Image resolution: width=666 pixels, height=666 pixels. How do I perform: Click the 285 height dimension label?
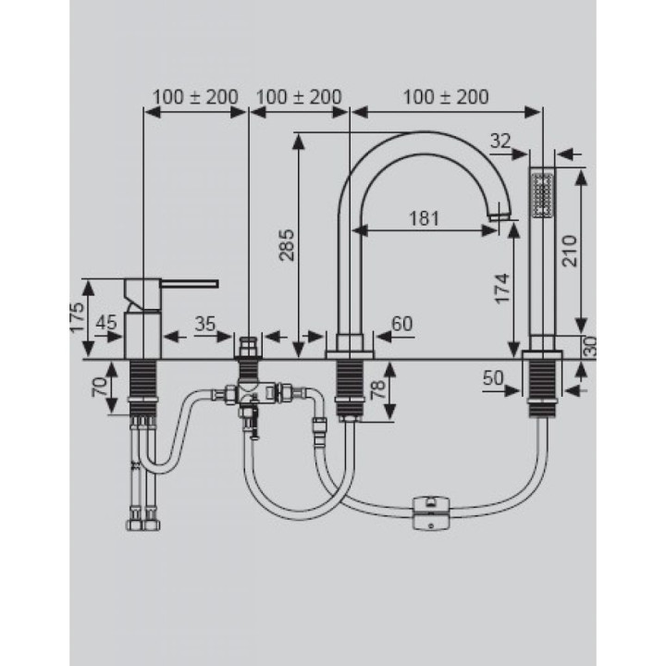[287, 245]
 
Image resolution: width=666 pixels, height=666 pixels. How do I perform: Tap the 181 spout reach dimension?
[424, 218]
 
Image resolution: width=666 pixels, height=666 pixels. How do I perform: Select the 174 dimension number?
[502, 289]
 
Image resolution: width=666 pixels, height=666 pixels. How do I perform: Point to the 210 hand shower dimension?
[570, 251]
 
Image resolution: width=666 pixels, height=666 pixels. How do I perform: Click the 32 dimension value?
[500, 141]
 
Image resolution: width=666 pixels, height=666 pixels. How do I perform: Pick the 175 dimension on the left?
[77, 317]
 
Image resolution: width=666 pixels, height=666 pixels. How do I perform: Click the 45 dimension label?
[105, 323]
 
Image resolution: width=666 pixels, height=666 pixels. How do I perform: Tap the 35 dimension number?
[205, 324]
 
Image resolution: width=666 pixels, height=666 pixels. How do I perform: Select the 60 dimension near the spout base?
[401, 324]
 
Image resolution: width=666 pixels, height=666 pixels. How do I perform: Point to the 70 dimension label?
[100, 387]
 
